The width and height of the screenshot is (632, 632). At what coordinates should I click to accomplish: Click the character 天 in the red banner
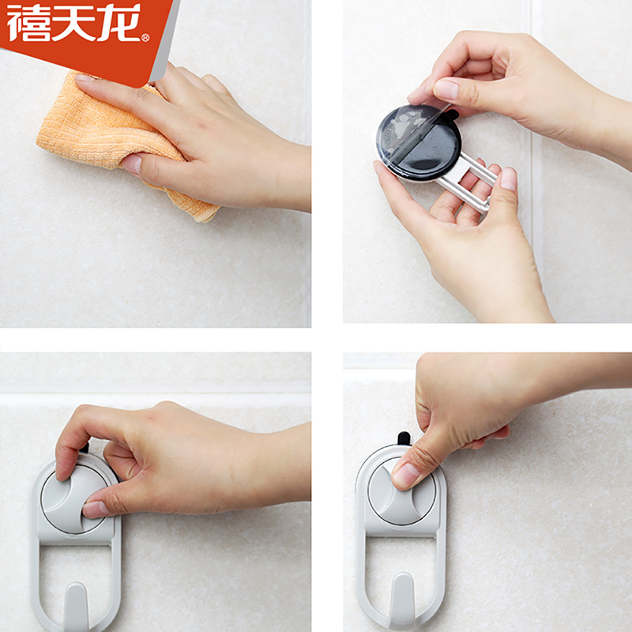[74, 23]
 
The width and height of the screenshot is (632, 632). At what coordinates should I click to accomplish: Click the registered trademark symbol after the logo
[145, 37]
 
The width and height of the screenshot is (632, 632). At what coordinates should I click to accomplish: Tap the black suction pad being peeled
[419, 142]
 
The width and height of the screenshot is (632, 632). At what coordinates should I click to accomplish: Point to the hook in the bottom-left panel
[76, 607]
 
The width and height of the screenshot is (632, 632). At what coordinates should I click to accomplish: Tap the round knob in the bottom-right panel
[402, 491]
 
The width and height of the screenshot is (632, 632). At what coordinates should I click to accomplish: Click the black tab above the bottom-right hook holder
[404, 438]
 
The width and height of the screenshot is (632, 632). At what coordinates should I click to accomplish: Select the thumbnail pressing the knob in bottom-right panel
[405, 476]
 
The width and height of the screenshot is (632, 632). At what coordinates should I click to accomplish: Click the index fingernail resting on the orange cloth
[84, 77]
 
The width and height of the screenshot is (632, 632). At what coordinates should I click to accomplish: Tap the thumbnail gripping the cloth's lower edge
[132, 164]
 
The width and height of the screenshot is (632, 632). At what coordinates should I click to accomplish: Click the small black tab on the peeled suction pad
[452, 115]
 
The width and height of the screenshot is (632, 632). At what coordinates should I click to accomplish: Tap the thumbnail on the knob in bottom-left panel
[96, 509]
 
